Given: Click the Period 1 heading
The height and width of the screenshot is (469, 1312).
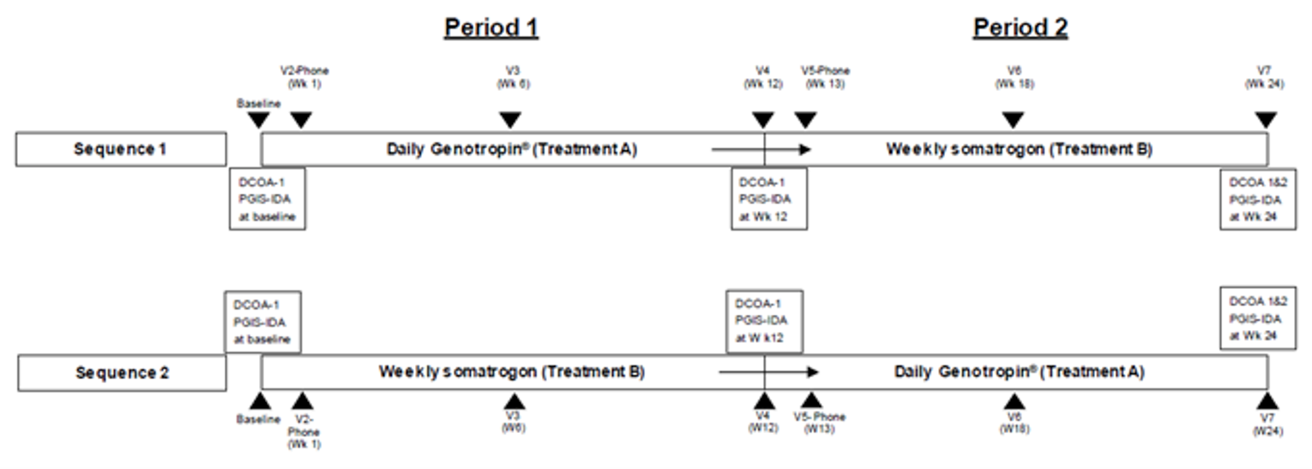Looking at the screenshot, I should (x=491, y=28).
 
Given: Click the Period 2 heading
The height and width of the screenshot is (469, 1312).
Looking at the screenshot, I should (x=1020, y=28).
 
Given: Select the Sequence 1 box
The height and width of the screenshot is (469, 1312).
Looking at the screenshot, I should (x=121, y=149).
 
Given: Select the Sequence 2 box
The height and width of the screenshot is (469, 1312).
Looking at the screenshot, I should (x=122, y=373).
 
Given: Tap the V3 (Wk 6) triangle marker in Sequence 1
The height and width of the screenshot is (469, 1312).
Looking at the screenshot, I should (x=510, y=120).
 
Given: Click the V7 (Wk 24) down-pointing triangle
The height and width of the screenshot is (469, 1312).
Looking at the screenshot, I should (x=1266, y=120).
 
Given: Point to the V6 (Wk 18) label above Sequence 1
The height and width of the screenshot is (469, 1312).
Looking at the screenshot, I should (x=1014, y=78).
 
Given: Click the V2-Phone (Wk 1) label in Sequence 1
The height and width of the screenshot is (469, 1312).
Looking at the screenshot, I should (x=304, y=77).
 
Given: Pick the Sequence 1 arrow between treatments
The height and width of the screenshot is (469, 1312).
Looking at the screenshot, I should (x=761, y=149).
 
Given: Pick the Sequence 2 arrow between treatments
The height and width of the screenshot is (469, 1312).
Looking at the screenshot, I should (x=769, y=372).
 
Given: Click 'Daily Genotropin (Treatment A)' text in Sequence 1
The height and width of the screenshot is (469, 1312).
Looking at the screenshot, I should (x=512, y=149).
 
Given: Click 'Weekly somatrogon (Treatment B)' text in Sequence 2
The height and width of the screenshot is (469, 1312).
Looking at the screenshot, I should (x=512, y=372).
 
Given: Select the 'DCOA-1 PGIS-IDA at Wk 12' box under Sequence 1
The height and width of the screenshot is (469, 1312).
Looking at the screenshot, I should (x=769, y=199).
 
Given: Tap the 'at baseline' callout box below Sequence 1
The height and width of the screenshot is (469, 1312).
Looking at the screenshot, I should (x=268, y=199).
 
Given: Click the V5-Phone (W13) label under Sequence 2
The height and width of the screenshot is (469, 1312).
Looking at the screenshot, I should (x=820, y=423).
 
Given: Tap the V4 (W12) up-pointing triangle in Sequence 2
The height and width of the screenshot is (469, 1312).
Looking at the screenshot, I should (x=762, y=401).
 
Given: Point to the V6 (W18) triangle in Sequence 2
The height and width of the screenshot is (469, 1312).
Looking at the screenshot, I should (x=1014, y=401).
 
